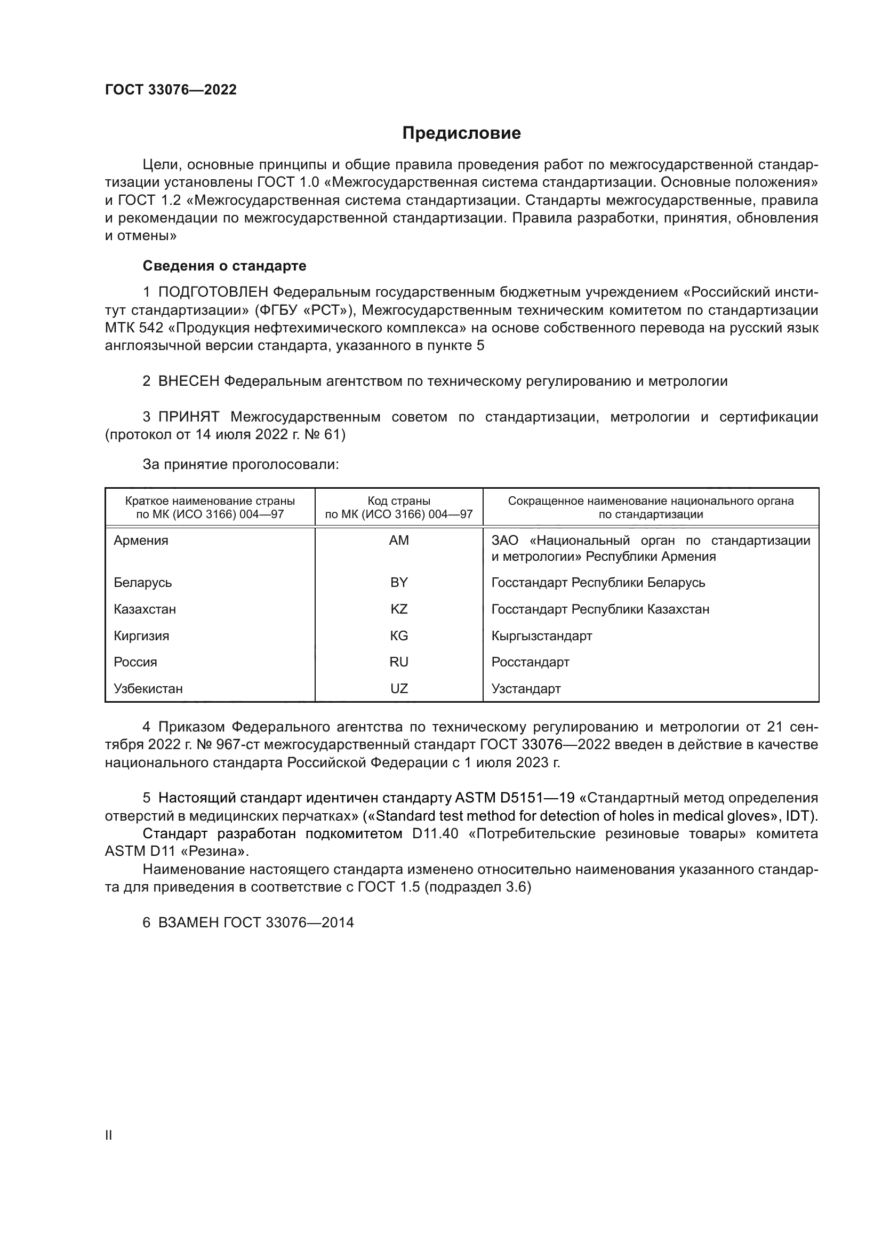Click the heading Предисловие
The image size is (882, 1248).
[x=461, y=133]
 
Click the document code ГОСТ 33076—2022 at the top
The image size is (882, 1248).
[x=171, y=90]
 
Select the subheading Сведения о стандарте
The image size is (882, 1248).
[x=224, y=266]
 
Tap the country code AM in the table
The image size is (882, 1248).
[x=399, y=540]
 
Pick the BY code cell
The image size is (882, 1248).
[x=399, y=582]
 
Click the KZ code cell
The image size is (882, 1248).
[x=399, y=609]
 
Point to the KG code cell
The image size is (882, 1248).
[x=399, y=635]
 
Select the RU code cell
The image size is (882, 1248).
[x=399, y=662]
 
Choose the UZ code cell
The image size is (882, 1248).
[x=399, y=689]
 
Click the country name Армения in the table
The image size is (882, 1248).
[x=141, y=540]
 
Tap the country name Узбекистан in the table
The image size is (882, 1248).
[x=148, y=689]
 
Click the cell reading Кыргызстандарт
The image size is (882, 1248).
[x=541, y=635]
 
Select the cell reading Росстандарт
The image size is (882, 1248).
[x=530, y=662]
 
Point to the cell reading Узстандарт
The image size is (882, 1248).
[x=526, y=689]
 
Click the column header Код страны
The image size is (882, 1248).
[x=399, y=501]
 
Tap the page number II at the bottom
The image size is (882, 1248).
[x=109, y=1135]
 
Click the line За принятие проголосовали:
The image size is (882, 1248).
[x=240, y=464]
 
